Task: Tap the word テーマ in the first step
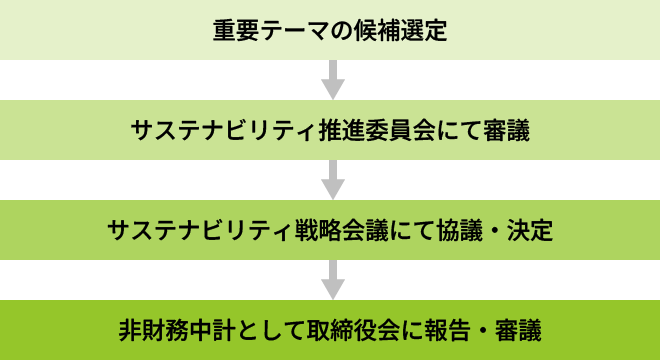click(292, 30)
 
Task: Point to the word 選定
click(423, 30)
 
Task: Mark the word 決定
click(529, 231)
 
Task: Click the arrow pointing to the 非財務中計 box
click(330, 278)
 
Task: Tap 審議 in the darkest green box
click(518, 329)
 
